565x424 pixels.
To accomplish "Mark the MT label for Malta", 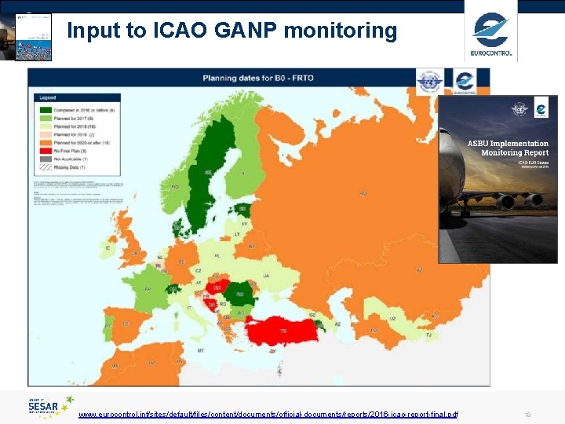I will pos(201,351).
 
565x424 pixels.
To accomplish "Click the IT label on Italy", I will pos(189,308).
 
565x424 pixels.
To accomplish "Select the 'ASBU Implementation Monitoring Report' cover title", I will pos(508,148).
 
